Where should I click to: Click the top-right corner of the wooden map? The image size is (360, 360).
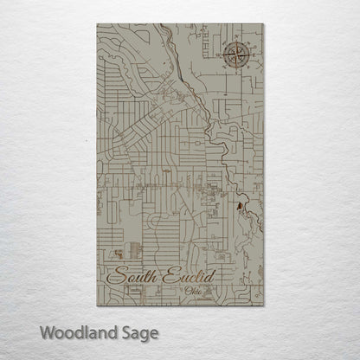point(263,23)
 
